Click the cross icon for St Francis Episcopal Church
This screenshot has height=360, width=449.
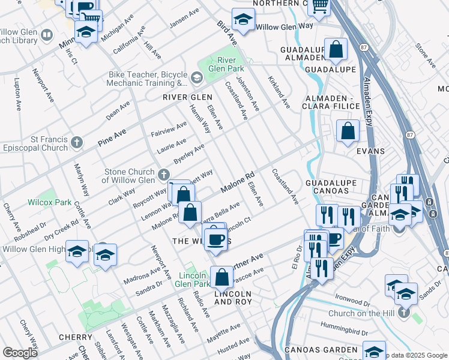tap(76, 142)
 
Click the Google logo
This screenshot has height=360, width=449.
tap(20, 353)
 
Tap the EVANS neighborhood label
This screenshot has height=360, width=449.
tap(370, 151)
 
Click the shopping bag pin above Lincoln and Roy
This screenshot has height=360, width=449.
tap(221, 277)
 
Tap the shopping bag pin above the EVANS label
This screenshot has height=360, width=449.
tap(348, 130)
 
